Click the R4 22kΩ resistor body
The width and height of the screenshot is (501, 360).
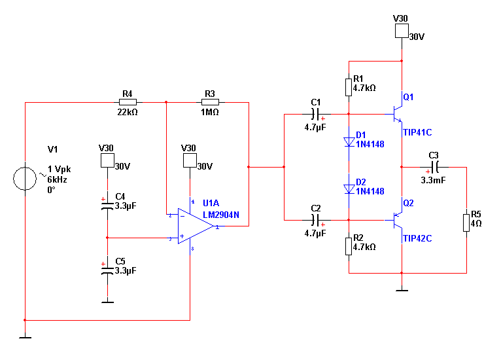click(128, 102)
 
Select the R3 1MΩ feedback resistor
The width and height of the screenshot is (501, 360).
click(210, 102)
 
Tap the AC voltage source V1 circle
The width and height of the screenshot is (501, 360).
click(25, 179)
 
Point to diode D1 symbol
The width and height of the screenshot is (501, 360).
click(349, 142)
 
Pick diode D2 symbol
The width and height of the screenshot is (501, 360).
click(349, 189)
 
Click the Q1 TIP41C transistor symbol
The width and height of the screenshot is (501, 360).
click(398, 114)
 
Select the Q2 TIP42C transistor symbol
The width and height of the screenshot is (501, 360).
click(398, 221)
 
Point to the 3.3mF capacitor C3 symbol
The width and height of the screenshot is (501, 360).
click(435, 167)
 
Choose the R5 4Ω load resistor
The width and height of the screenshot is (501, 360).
click(466, 223)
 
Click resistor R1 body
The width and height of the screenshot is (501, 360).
click(349, 87)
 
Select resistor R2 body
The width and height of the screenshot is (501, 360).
click(349, 247)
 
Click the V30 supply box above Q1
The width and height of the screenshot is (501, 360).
click(402, 31)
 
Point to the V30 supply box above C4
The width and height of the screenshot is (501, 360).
click(107, 160)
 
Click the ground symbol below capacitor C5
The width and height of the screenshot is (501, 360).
click(107, 302)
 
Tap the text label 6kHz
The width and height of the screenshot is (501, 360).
click(57, 180)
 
